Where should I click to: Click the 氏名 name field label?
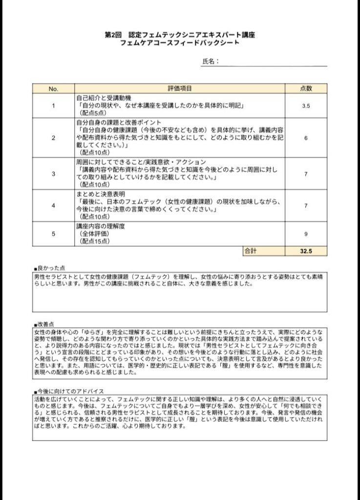[209, 62]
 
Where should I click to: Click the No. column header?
[53, 88]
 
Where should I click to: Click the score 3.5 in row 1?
[305, 105]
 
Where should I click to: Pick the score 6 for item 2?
[305, 138]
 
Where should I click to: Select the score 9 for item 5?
[305, 234]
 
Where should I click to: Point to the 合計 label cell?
[250, 250]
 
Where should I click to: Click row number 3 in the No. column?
[53, 174]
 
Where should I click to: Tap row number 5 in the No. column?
[53, 234]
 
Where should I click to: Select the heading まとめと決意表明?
[100, 194]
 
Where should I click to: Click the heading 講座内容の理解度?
[100, 227]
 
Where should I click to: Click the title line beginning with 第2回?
[180, 35]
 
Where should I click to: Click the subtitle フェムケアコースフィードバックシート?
[180, 43]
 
